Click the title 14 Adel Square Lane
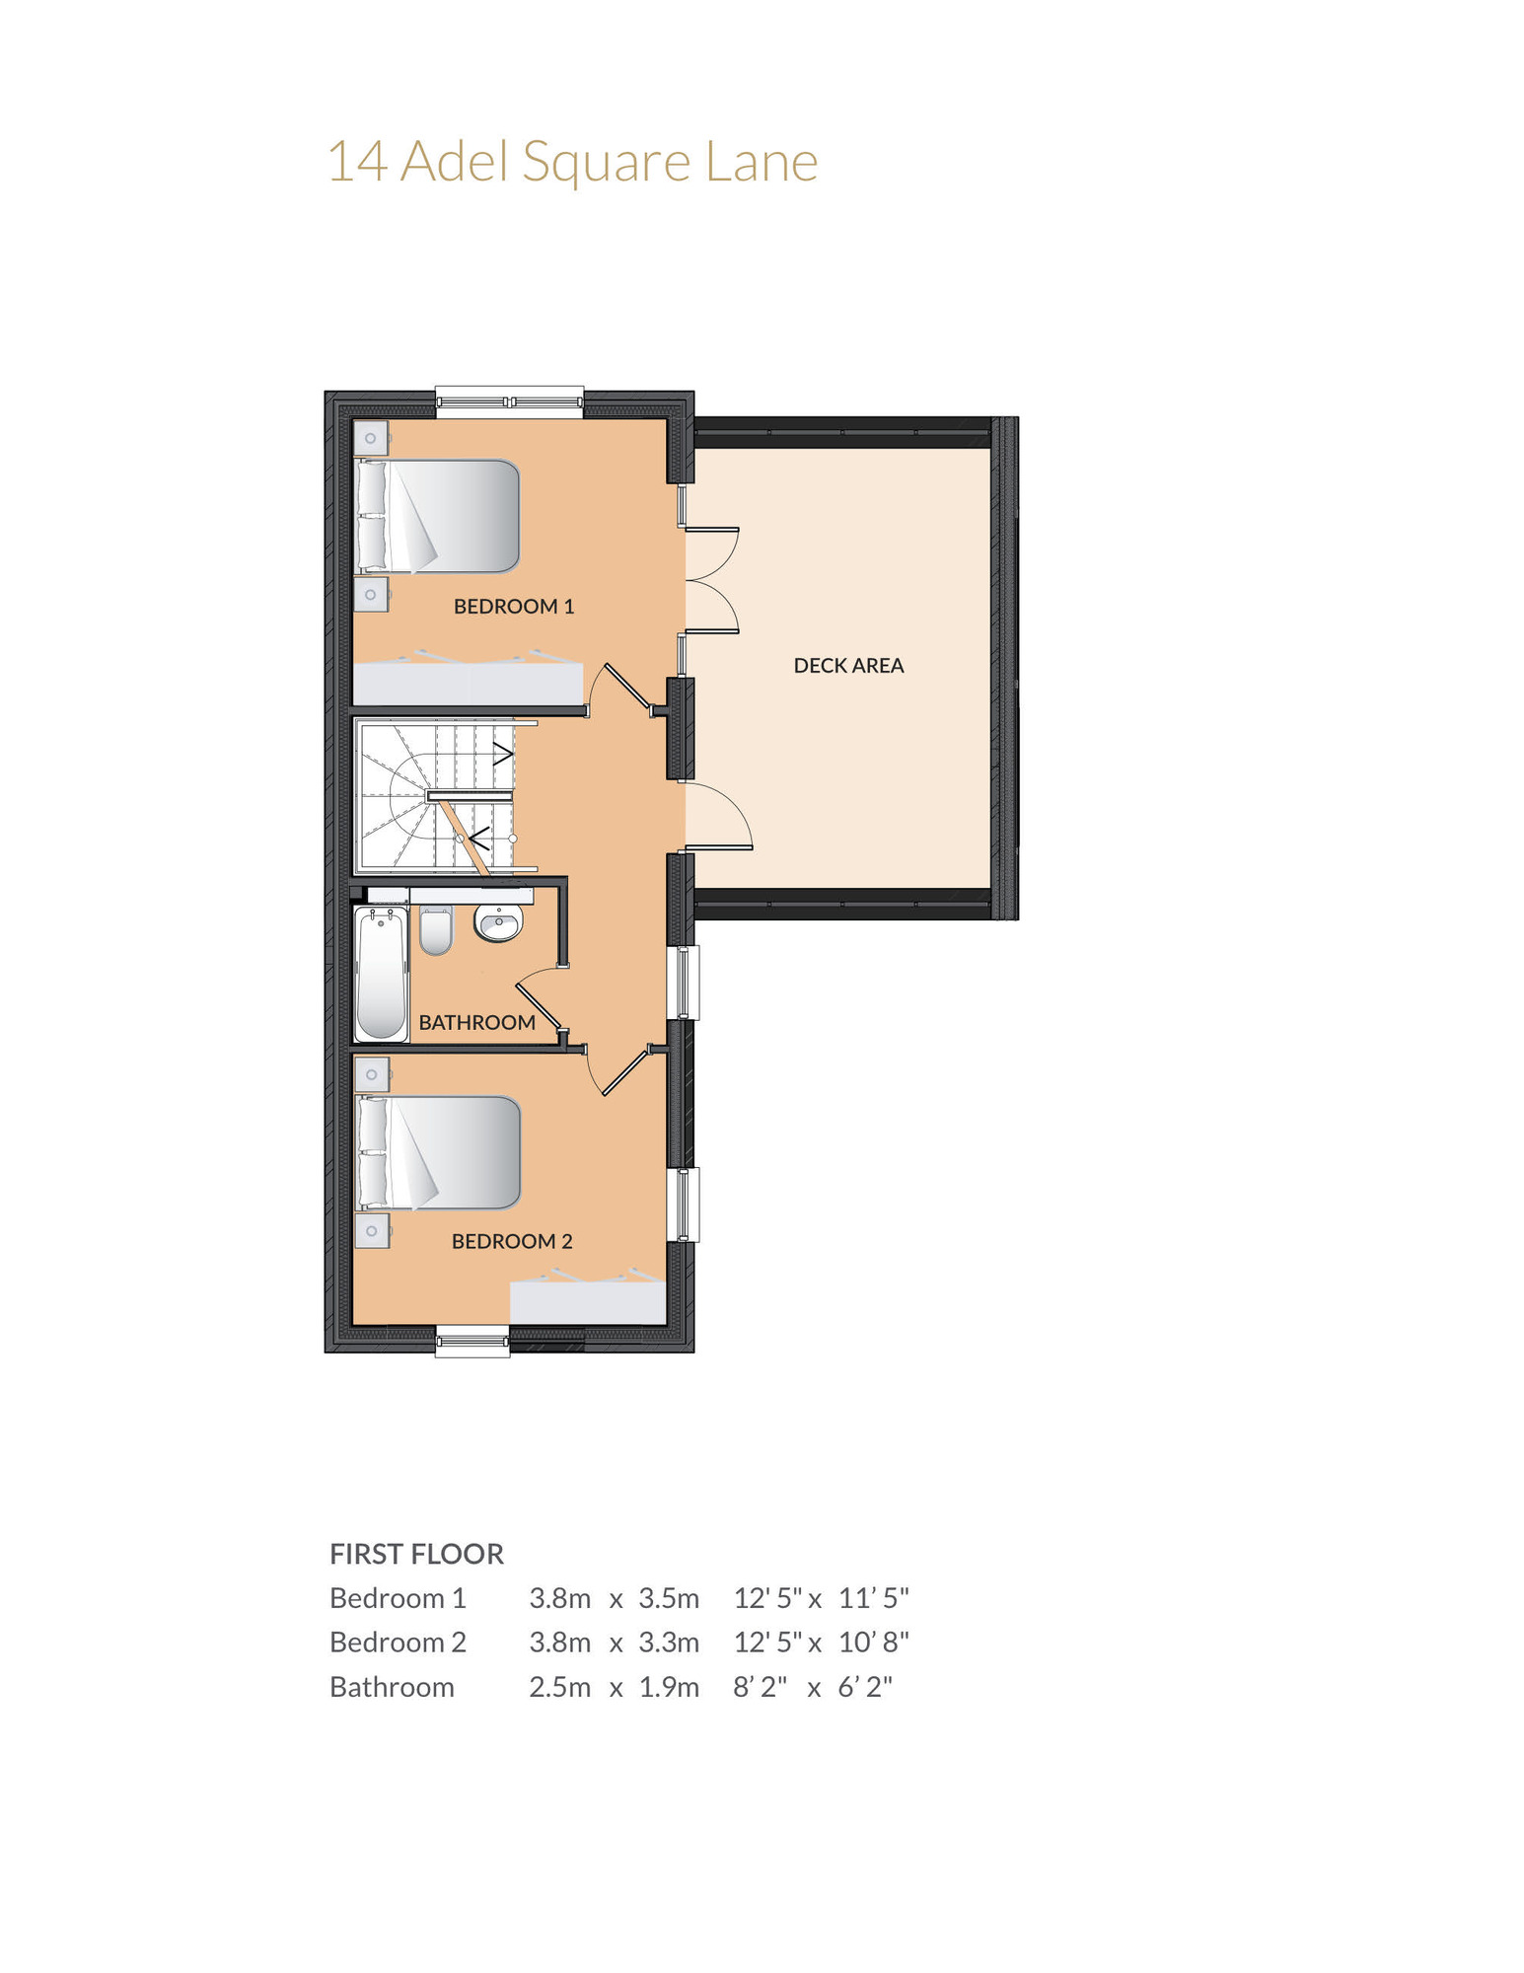click(x=572, y=162)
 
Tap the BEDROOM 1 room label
click(x=514, y=607)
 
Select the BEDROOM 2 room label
click(x=512, y=1241)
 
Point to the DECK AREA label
click(x=848, y=666)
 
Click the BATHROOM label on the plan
click(x=477, y=1022)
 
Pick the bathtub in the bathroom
click(x=381, y=974)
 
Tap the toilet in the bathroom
click(x=436, y=930)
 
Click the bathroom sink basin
click(x=498, y=923)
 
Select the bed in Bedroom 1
click(x=437, y=516)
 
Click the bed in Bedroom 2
click(x=438, y=1152)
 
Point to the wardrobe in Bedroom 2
click(x=588, y=1298)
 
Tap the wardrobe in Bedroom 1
click(x=469, y=679)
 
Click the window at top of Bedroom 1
click(x=510, y=402)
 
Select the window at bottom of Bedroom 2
click(x=473, y=1342)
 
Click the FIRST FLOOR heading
click(x=416, y=1554)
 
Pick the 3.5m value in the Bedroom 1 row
click(x=669, y=1598)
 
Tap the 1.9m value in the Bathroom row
click(x=669, y=1687)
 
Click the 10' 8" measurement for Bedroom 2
click(x=874, y=1643)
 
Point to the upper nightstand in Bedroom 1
click(x=371, y=438)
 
